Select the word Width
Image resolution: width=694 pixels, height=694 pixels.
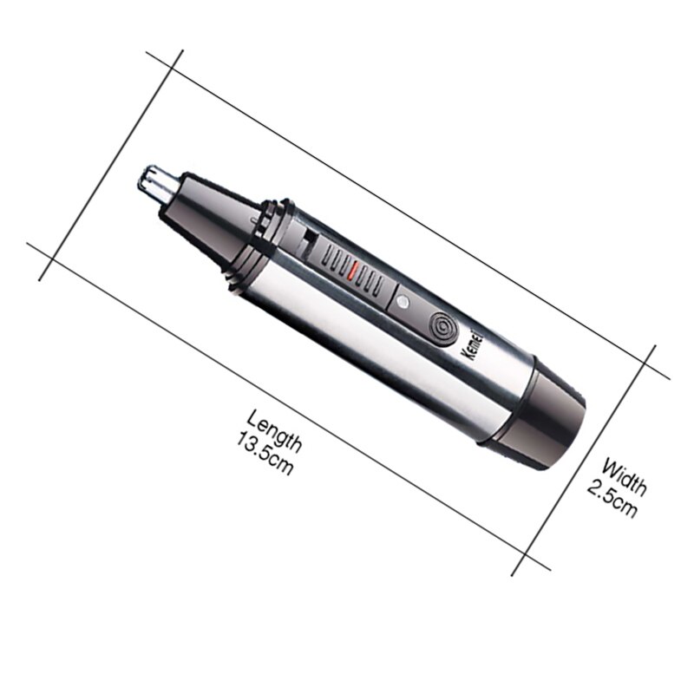[624, 476]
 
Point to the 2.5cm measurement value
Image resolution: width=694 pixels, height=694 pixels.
[612, 498]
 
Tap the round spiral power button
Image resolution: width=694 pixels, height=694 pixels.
[442, 330]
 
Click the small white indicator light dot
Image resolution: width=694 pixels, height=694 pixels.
[402, 303]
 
